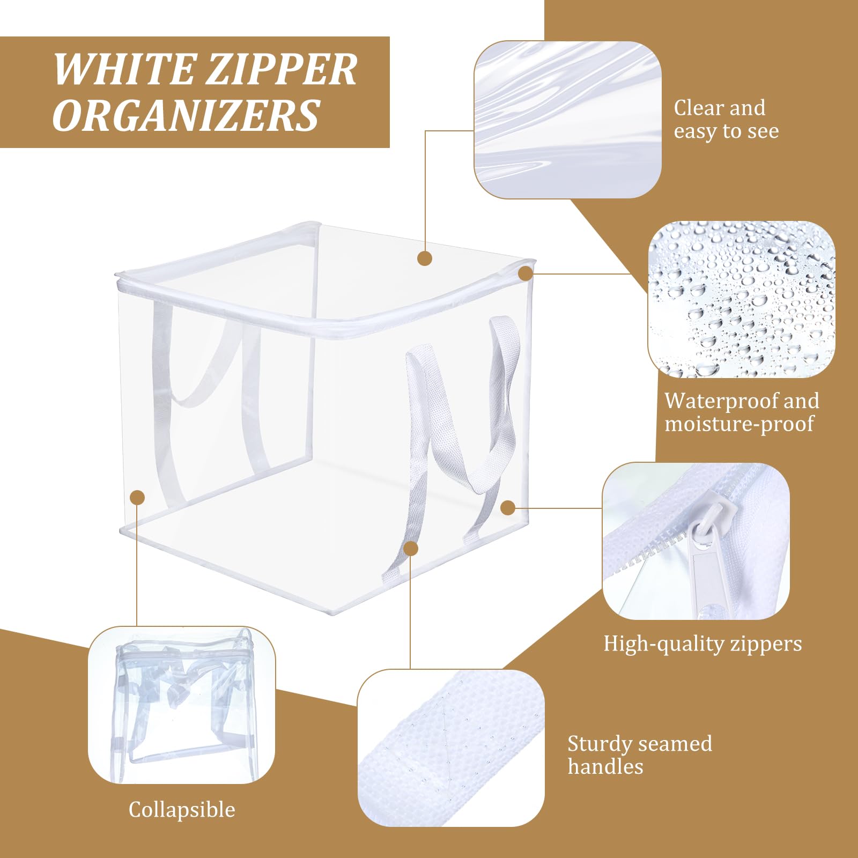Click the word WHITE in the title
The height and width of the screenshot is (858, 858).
[x=124, y=70]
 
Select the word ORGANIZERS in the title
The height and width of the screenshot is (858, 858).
[x=186, y=116]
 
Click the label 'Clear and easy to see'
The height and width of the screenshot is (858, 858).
[x=726, y=119]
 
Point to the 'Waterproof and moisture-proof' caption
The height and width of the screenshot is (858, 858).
[x=742, y=412]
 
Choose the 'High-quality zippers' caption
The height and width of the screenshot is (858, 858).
[x=702, y=643]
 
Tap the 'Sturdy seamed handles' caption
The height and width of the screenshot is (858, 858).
[x=640, y=755]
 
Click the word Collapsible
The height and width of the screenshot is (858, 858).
[x=182, y=809]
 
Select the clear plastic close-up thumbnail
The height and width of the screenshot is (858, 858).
[x=567, y=120]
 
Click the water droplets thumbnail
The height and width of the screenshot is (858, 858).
[x=741, y=299]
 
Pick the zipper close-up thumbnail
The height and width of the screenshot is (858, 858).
[x=696, y=541]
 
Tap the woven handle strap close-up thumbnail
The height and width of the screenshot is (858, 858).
[x=451, y=748]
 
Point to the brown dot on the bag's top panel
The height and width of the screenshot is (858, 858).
[x=425, y=258]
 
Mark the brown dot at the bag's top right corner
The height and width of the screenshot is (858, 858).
[x=526, y=273]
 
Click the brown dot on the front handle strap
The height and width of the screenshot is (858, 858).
[x=411, y=548]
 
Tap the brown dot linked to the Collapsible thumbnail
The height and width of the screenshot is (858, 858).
[x=138, y=498]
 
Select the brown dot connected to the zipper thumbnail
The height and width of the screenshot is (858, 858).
[x=508, y=508]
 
